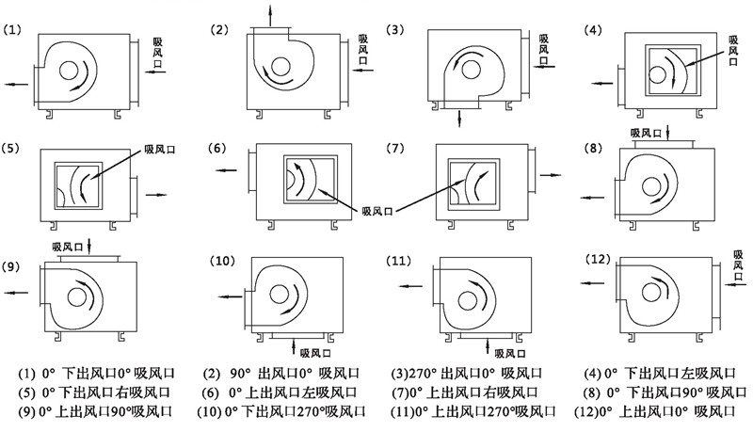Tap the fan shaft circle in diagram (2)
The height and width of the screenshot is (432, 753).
tap(280, 65)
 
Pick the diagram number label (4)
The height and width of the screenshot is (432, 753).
tap(593, 28)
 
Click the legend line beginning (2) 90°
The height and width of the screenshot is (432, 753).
tap(286, 371)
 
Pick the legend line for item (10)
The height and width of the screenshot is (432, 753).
tap(288, 412)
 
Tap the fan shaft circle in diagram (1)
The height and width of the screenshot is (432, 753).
tap(69, 71)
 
